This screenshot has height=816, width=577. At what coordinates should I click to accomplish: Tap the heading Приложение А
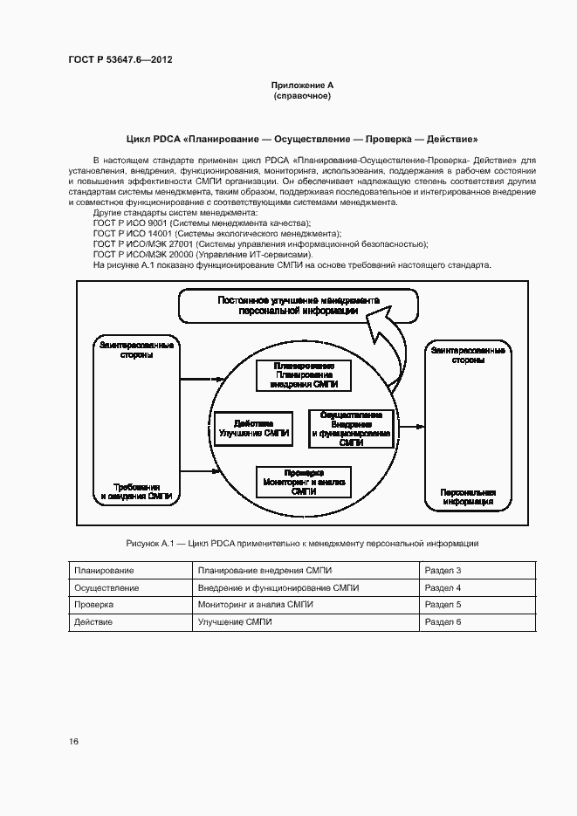click(302, 85)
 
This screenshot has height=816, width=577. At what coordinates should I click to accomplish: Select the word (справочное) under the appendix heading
click(302, 95)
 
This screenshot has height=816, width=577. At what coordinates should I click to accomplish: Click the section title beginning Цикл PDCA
click(302, 139)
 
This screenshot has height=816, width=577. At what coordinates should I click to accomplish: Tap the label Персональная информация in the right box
click(467, 496)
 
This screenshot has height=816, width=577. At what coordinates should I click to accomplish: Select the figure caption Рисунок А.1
click(302, 544)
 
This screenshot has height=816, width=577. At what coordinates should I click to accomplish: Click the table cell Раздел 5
click(442, 604)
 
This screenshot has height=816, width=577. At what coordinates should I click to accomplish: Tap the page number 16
click(74, 741)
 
